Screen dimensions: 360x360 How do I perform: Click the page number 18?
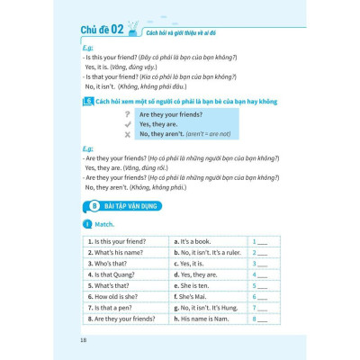84,339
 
